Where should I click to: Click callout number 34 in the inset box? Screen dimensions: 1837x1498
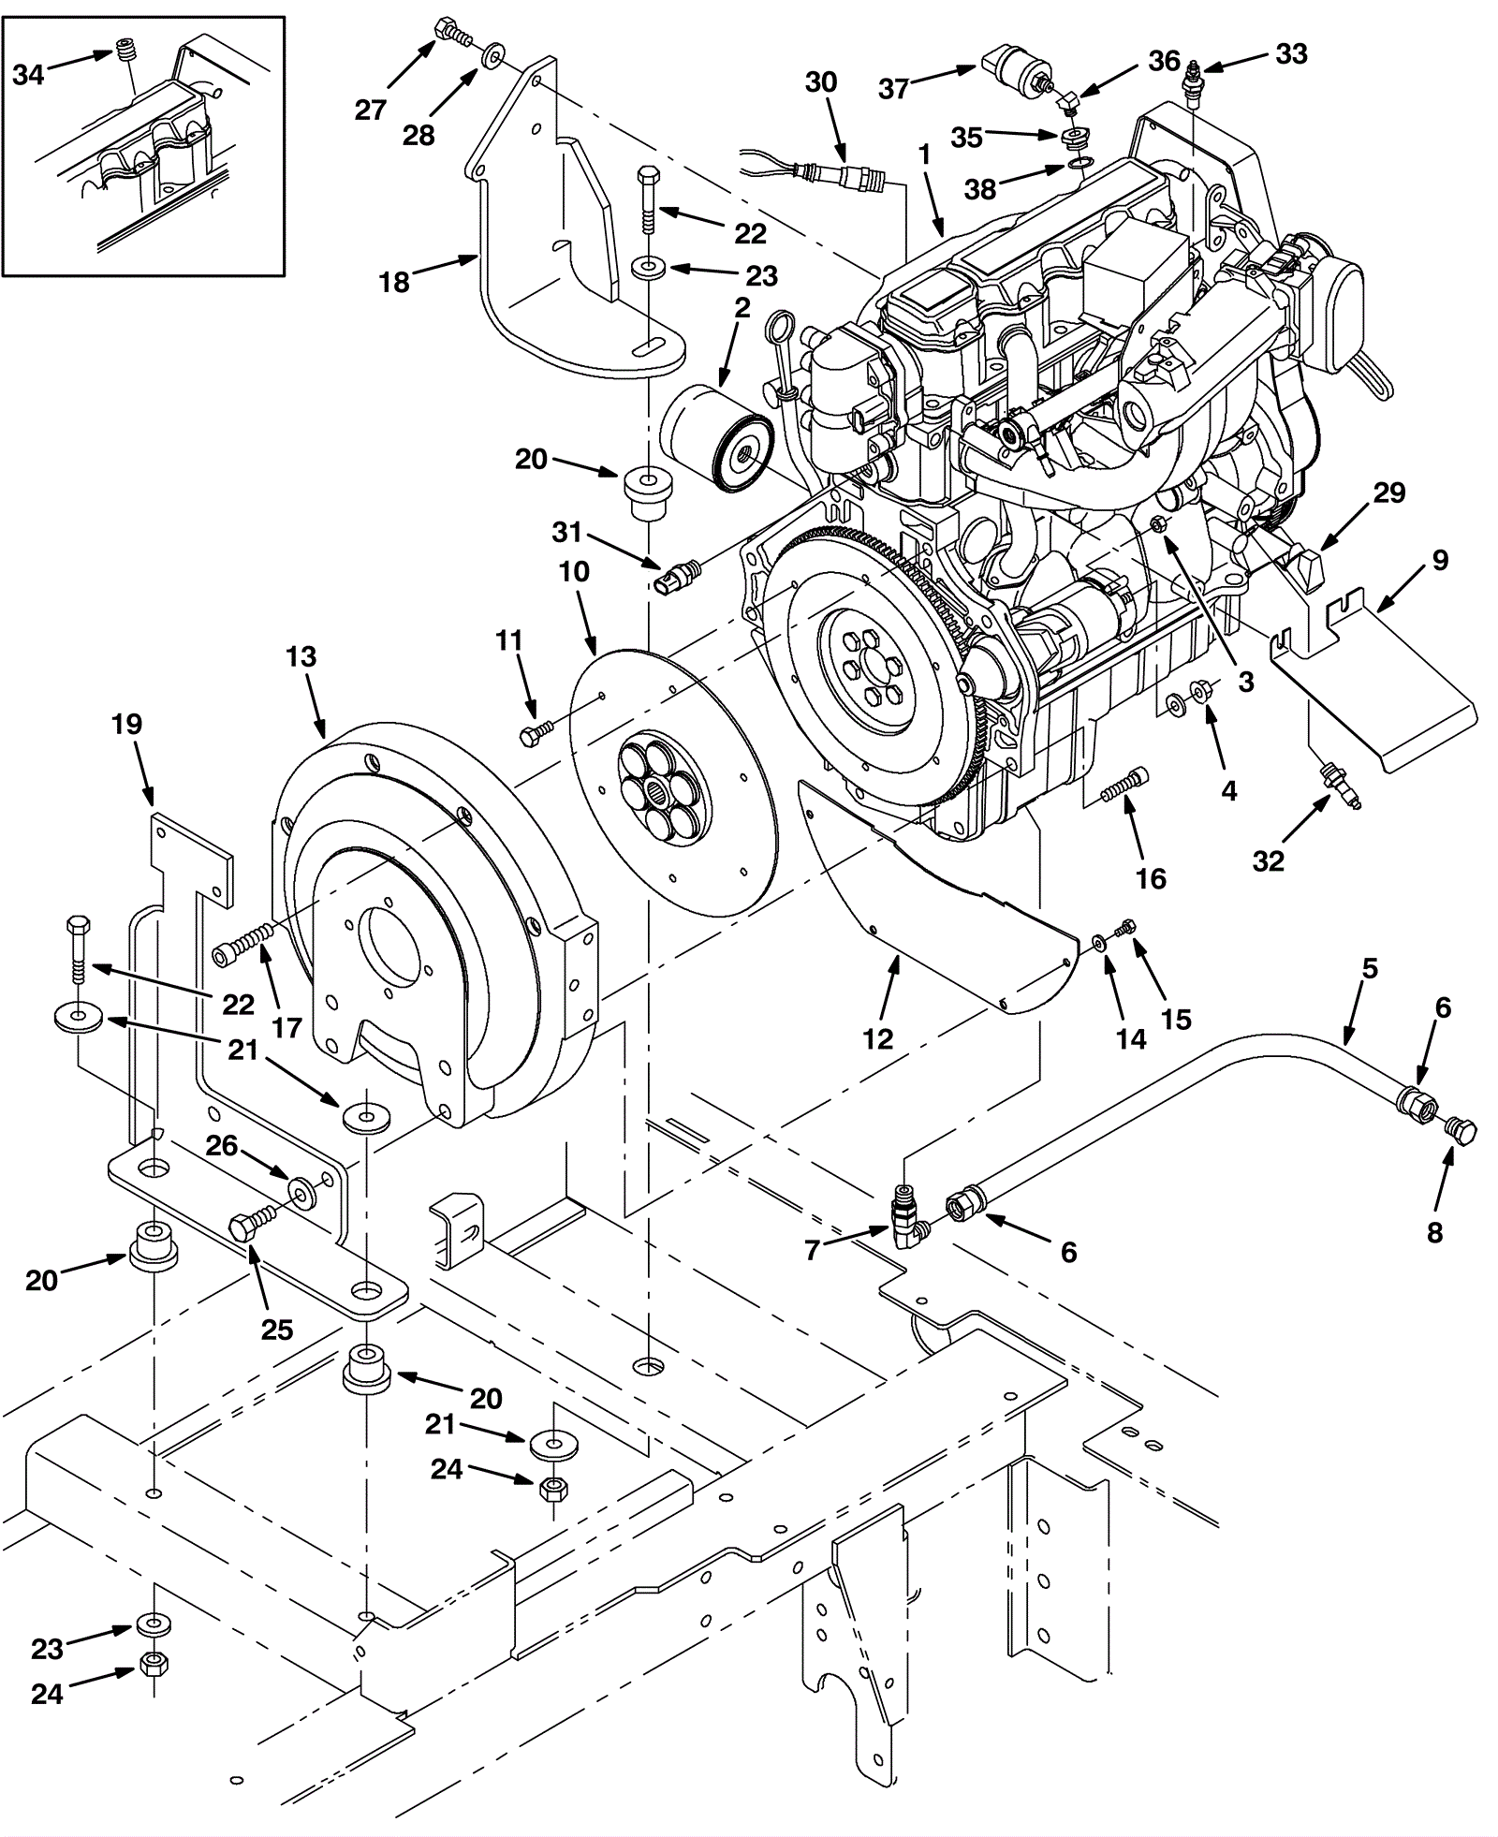click(28, 74)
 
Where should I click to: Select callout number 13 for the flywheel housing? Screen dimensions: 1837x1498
click(301, 656)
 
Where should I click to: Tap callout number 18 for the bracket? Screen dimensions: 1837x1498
click(394, 281)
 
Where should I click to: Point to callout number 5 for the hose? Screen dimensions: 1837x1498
click(1370, 968)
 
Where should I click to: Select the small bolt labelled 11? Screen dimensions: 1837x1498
click(535, 734)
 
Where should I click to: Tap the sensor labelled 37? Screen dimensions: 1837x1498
click(1014, 71)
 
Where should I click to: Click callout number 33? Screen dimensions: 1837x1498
click(1291, 54)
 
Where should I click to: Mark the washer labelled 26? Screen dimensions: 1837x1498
click(301, 1190)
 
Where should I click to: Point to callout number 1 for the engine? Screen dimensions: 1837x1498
click(924, 155)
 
